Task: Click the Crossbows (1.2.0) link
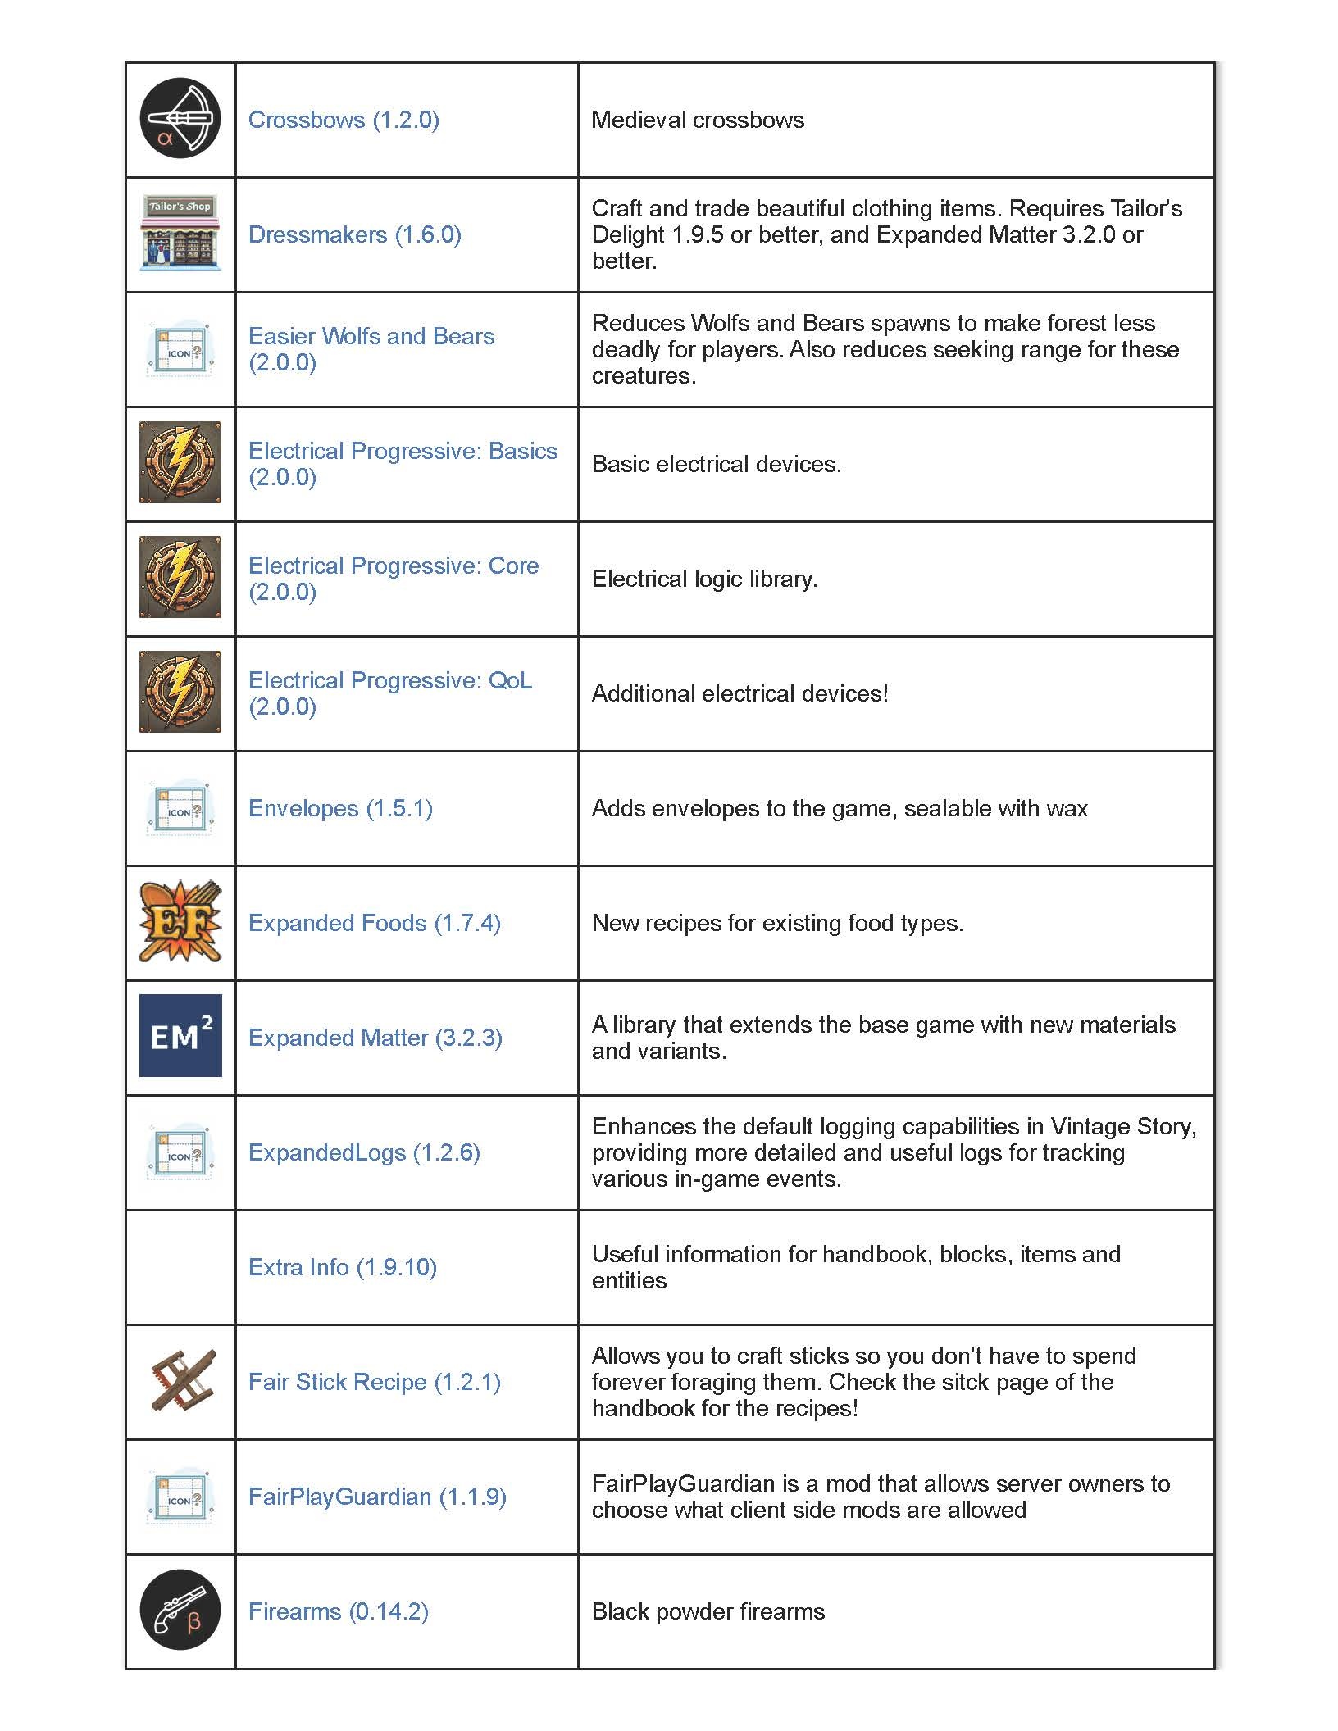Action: point(344,120)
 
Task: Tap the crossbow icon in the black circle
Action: point(180,118)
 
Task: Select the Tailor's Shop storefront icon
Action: point(180,234)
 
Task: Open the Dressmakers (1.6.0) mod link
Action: point(354,234)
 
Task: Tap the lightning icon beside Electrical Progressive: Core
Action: point(180,577)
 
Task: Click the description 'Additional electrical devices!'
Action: point(740,693)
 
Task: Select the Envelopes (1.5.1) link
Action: point(340,808)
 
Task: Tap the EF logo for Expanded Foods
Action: point(180,922)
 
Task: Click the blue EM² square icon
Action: point(180,1036)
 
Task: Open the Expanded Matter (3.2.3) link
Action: point(375,1038)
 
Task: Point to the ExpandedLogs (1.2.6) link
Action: point(364,1152)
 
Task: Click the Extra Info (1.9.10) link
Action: point(342,1267)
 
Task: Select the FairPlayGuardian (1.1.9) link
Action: point(377,1497)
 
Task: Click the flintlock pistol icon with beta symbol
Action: point(180,1610)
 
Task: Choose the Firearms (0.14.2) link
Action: point(338,1611)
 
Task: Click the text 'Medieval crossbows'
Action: point(697,120)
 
